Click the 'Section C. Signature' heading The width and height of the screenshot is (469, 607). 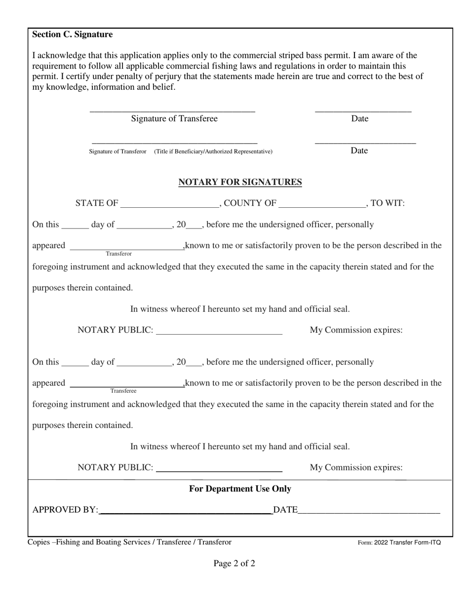point(73,35)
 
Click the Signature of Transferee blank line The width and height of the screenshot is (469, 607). point(172,110)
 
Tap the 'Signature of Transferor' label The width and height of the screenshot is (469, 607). point(117,152)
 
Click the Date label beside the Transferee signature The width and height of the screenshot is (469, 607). point(359,119)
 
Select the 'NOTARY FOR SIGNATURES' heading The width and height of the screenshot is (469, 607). point(240,182)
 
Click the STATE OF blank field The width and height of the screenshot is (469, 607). point(169,204)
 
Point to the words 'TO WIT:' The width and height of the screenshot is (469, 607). point(388,203)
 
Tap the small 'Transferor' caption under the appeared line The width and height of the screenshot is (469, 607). point(118,254)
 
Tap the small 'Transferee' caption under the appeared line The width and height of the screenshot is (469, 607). point(123,391)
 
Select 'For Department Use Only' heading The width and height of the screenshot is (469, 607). point(240,489)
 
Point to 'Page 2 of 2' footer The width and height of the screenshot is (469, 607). point(234,564)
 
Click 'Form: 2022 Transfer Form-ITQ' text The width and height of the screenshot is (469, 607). point(399,543)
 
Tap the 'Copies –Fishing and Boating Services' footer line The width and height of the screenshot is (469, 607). point(129,542)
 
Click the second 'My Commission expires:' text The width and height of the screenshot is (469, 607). point(356,468)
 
